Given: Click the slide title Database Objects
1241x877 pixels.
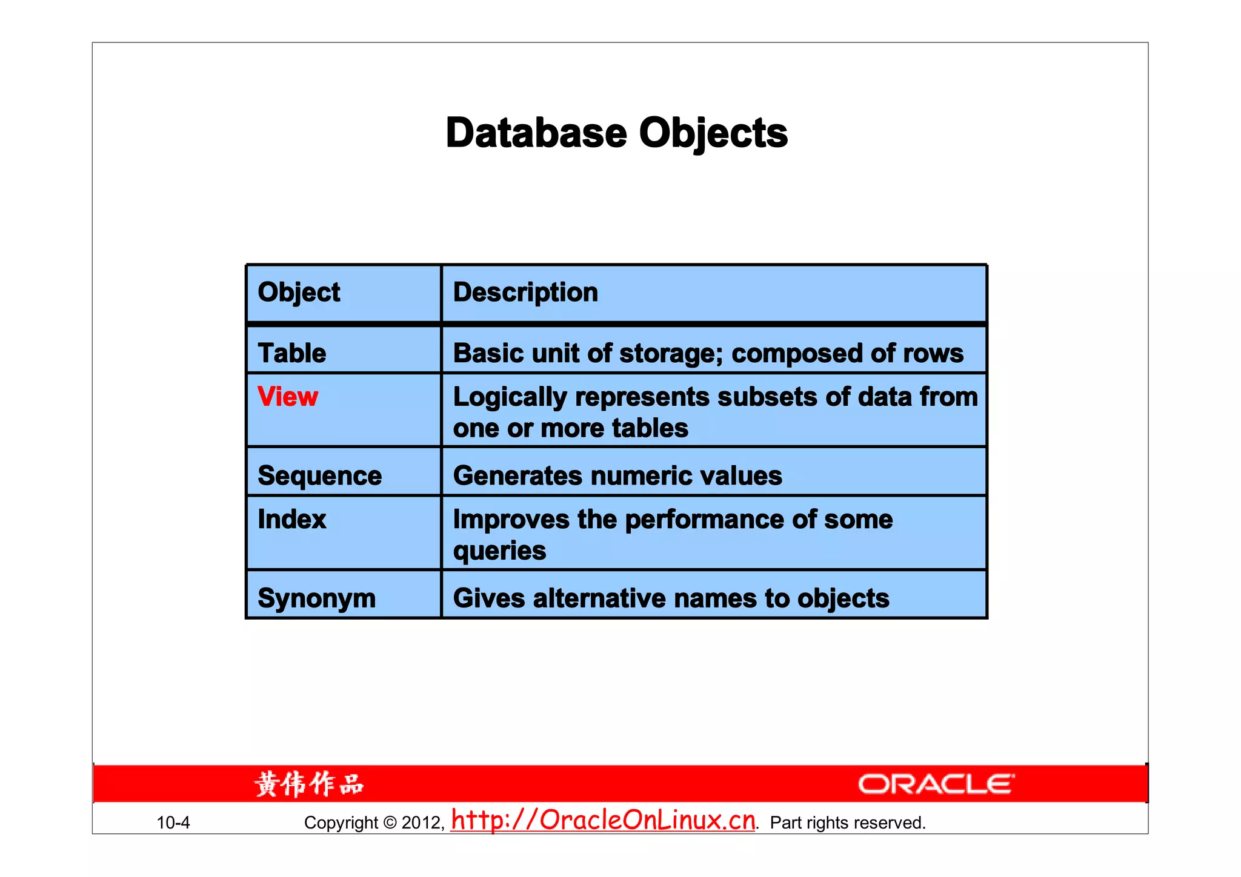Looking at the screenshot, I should click(x=616, y=133).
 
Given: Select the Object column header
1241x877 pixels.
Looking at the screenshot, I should click(x=299, y=293).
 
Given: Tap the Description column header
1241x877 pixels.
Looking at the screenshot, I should click(x=525, y=293).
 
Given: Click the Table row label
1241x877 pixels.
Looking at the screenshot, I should click(x=291, y=353).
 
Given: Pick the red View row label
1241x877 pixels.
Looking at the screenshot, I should click(x=288, y=397).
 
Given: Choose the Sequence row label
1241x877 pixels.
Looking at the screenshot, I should click(x=319, y=475).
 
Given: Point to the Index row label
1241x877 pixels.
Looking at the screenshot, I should click(x=291, y=519).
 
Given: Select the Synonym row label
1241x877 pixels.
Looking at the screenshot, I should click(x=316, y=598).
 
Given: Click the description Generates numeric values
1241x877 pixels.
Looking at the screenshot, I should click(x=617, y=475).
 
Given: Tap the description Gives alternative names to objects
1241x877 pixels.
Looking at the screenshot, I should click(x=671, y=598).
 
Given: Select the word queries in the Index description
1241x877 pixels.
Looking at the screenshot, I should click(x=499, y=551).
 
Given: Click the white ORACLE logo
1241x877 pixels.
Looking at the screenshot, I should click(x=936, y=784).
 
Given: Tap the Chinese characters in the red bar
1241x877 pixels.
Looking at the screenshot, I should click(x=308, y=784).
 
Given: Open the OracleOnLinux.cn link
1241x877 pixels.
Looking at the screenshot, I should click(x=603, y=820).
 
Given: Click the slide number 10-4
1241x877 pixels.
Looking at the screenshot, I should click(x=173, y=822).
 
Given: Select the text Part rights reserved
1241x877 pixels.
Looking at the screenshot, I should click(x=847, y=822).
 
